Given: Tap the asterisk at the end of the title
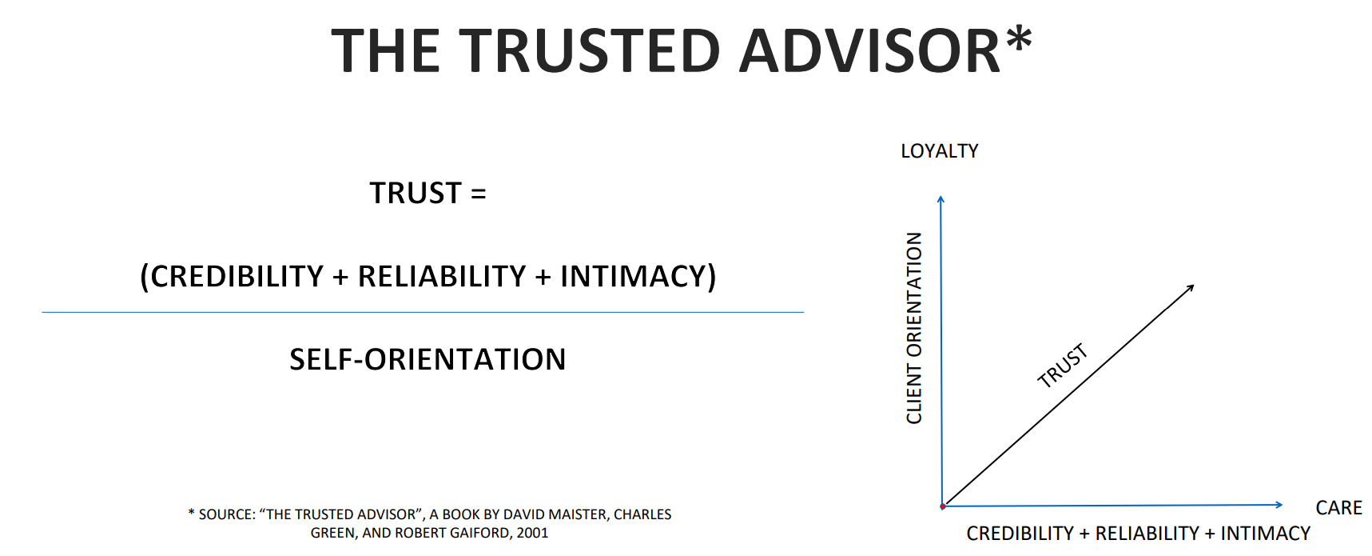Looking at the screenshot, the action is pos(1019,38).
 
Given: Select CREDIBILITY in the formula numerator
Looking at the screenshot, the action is pos(237,276).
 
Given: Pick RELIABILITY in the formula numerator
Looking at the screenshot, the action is pos(442,276).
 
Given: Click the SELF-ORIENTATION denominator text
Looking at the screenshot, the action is pos(428,359).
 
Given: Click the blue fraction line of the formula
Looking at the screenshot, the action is pos(423,312).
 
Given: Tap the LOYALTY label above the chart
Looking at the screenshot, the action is pos(940,151).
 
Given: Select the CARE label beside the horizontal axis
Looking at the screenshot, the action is pos(1338,508).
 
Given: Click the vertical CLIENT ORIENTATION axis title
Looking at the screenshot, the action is pos(914,328).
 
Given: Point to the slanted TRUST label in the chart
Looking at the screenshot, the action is pos(1063,366).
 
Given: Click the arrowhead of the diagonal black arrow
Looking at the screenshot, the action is pos(1191,287).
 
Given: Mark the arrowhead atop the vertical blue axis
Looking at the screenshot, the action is pos(941,199).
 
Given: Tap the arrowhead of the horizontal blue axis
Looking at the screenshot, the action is pos(1279,504).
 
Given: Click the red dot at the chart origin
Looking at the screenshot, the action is pos(943,506).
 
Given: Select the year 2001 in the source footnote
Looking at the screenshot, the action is pos(532,533).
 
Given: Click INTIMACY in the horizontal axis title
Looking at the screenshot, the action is pos(1266,534).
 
